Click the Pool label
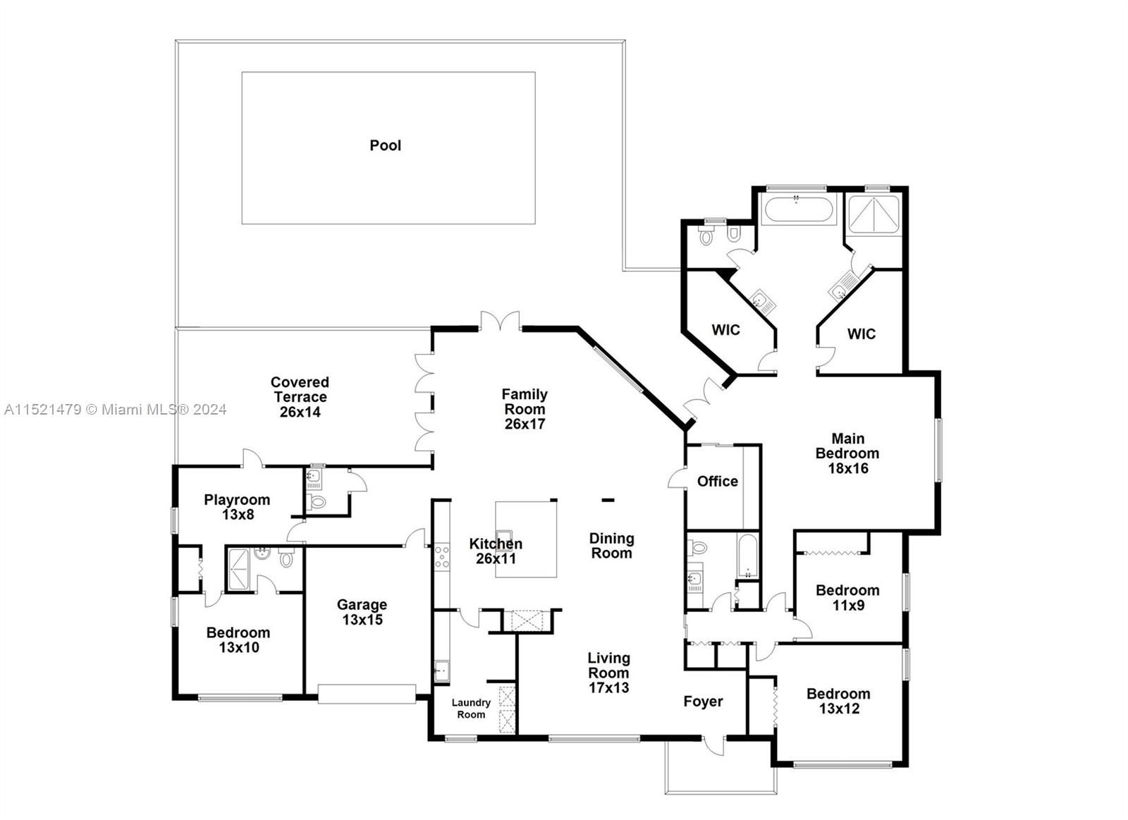coord(386,145)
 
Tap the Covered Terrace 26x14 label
coord(300,397)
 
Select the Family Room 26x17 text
coord(525,409)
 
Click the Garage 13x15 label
coord(362,612)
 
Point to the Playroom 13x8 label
coord(237,507)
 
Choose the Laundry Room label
coord(471,709)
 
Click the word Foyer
coord(703,702)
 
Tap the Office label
coord(717,482)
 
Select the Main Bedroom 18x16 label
coord(847,453)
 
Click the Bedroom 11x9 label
coord(847,597)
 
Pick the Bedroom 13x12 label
coord(838,701)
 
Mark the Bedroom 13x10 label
coord(238,640)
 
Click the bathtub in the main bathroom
coord(797,209)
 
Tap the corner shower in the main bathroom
coord(873,214)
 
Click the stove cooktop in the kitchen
coord(441,556)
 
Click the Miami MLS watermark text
coord(116,410)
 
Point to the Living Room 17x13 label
coord(609,673)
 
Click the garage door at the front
coord(367,694)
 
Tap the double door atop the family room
coord(501,322)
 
